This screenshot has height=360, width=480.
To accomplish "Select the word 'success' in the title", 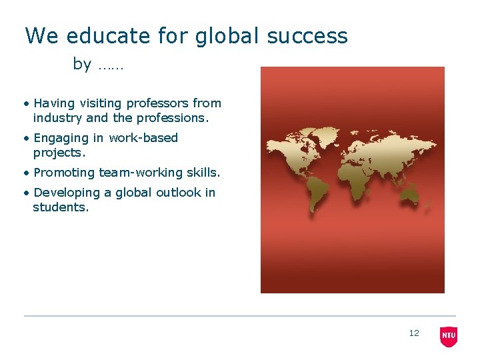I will tap(307, 35).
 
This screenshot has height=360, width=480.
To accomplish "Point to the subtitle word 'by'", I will tap(82, 65).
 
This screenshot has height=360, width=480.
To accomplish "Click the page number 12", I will tap(414, 333).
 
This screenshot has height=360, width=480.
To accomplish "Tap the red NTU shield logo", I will tap(449, 336).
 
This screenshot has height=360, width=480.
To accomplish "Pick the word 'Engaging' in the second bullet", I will tap(61, 139).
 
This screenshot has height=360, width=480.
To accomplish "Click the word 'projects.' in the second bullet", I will tap(60, 153).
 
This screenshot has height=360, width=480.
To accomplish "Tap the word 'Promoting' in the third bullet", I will tap(64, 173).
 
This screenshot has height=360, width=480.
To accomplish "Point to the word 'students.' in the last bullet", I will tap(61, 207).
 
